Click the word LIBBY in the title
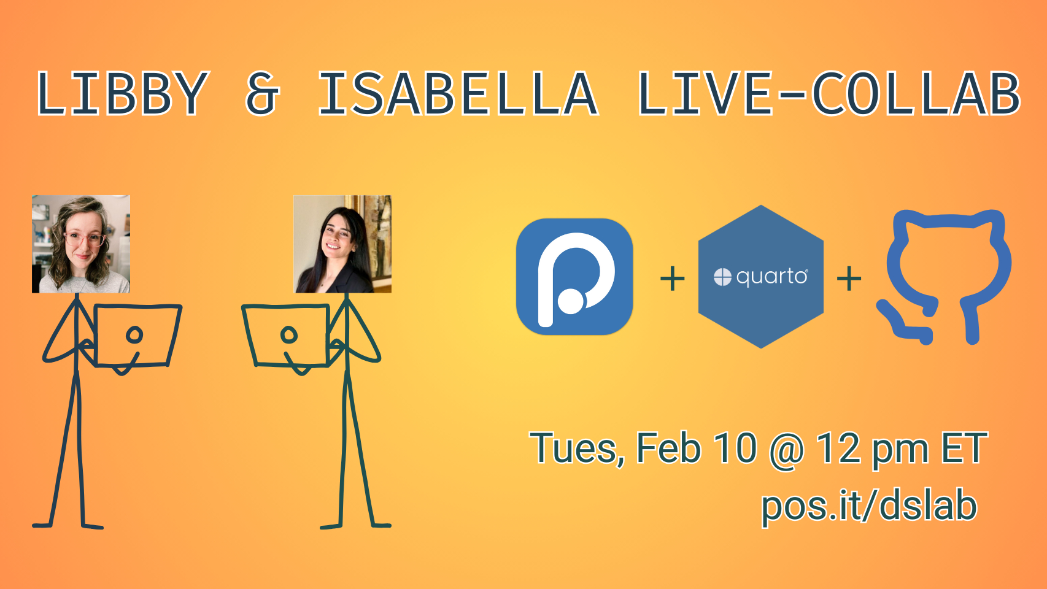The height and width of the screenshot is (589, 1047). [x=122, y=93]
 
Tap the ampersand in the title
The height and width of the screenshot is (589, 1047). [x=262, y=93]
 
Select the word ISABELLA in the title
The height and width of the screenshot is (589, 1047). [x=458, y=93]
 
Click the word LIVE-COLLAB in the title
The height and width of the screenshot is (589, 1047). [x=829, y=93]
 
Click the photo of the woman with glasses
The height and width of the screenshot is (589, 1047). [x=81, y=244]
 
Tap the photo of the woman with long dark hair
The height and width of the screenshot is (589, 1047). [x=342, y=244]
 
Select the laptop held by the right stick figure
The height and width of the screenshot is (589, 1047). [x=285, y=335]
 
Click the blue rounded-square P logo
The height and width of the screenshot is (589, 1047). [x=574, y=277]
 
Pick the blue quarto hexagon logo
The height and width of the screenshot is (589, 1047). [x=761, y=277]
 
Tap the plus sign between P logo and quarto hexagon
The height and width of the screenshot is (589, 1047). [x=672, y=279]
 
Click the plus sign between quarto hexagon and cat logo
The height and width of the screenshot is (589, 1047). [x=849, y=279]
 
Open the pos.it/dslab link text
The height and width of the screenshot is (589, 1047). [x=870, y=506]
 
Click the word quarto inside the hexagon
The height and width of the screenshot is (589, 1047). [x=771, y=277]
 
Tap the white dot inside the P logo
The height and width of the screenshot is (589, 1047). [x=571, y=301]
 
